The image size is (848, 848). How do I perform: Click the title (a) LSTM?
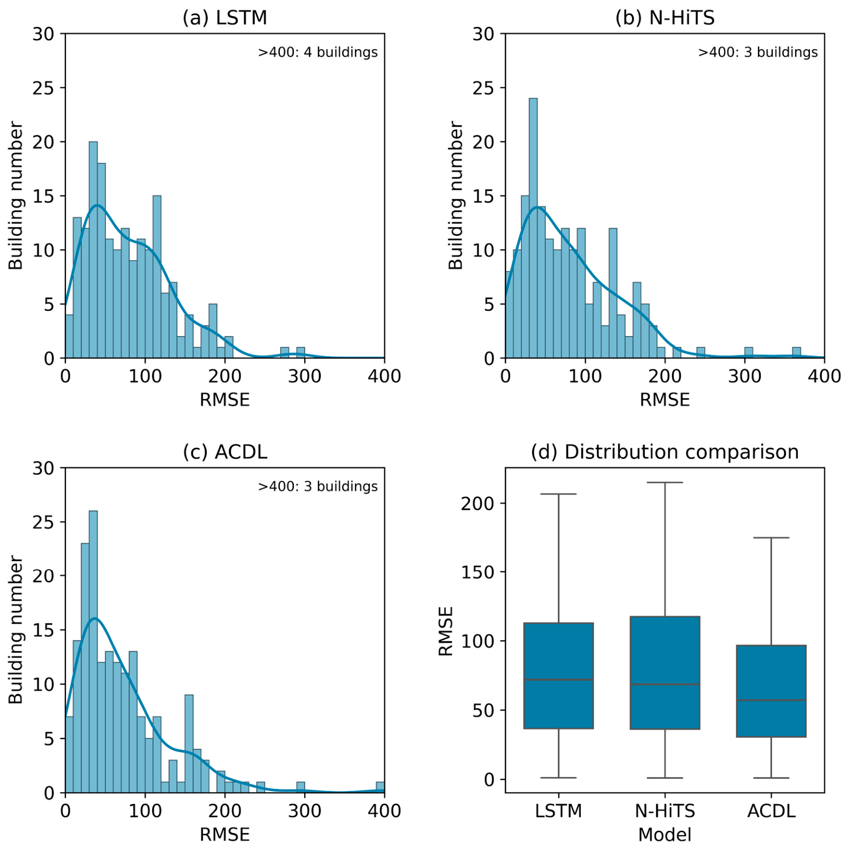(224, 18)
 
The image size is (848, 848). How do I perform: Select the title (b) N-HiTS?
(664, 18)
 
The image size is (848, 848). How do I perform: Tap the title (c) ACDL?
(225, 451)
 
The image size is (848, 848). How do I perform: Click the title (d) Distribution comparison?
(664, 451)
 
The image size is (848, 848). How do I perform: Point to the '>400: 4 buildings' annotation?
(318, 52)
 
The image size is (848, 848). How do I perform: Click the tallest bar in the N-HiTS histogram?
(533, 228)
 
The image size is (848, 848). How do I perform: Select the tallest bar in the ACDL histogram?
(93, 651)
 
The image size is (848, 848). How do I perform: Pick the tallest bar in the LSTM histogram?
(93, 250)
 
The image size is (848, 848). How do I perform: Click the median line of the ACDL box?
(771, 700)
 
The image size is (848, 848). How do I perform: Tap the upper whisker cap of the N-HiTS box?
(665, 482)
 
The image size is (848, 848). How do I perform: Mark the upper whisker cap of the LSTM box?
(558, 494)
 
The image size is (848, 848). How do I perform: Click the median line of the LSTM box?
(558, 680)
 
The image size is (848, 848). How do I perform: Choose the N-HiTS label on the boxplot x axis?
(665, 811)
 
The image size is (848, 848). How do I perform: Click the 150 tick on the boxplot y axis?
(478, 572)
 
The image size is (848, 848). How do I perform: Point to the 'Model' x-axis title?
(664, 834)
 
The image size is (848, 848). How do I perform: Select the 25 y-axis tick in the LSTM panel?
(43, 88)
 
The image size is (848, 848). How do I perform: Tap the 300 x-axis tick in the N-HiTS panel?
(744, 376)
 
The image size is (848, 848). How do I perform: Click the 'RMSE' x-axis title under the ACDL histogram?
(225, 834)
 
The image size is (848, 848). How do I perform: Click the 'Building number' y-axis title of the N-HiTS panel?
(456, 196)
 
